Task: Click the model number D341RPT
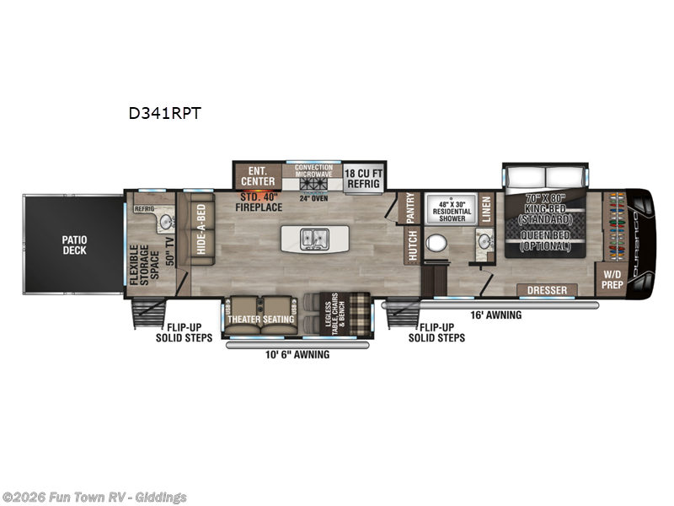pyautogui.click(x=165, y=112)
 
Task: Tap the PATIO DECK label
pyautogui.click(x=73, y=245)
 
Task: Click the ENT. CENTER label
pyautogui.click(x=258, y=176)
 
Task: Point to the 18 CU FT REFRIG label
pyautogui.click(x=365, y=176)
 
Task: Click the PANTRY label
pyautogui.click(x=410, y=208)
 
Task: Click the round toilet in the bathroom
pyautogui.click(x=437, y=245)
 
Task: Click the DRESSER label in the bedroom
pyautogui.click(x=547, y=290)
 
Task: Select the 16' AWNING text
pyautogui.click(x=495, y=315)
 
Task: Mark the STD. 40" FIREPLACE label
pyautogui.click(x=259, y=201)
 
